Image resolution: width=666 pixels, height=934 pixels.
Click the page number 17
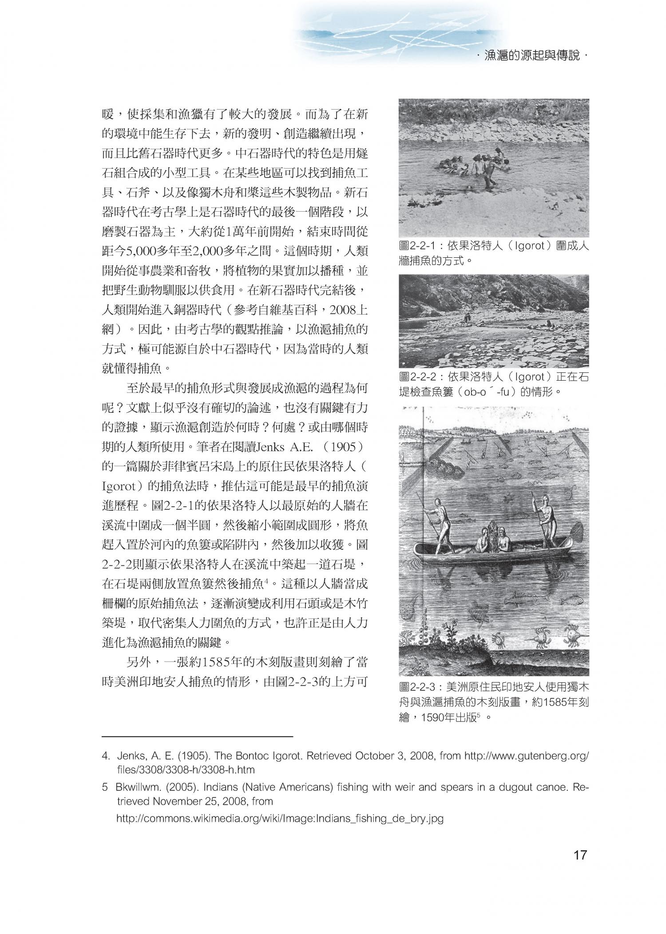tap(580, 855)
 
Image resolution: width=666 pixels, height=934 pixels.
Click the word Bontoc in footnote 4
tap(266, 755)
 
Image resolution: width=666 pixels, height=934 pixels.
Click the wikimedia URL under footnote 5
tap(280, 819)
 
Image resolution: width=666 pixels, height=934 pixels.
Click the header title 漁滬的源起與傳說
tap(532, 56)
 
